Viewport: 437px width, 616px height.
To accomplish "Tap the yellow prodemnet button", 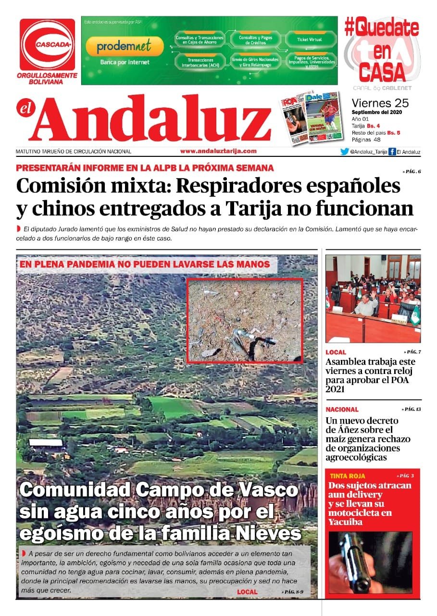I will point(124,47).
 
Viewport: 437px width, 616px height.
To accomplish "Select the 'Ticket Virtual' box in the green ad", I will point(309,39).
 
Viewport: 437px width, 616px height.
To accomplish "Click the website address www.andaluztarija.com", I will point(218,151).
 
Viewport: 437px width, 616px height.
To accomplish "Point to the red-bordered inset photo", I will point(245,320).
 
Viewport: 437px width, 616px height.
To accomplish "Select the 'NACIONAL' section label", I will point(342,410).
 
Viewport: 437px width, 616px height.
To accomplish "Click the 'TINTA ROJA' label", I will point(346,475).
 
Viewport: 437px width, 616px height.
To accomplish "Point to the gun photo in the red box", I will point(370,562).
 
